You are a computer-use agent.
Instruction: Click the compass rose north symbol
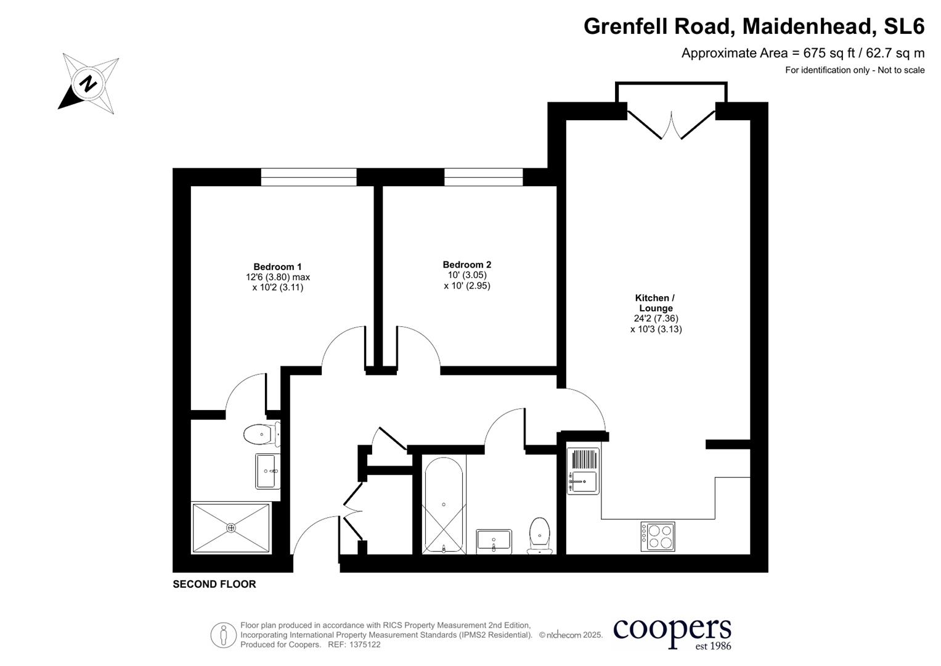[89, 84]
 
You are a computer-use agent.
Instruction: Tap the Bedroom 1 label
[277, 267]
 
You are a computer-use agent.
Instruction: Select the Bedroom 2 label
[466, 265]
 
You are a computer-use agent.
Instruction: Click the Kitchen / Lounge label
[655, 303]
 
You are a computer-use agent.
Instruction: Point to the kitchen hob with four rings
[658, 536]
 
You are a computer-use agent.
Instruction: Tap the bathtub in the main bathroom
[443, 505]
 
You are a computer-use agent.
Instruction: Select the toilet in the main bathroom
[540, 534]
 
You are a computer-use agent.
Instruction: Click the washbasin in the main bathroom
[494, 541]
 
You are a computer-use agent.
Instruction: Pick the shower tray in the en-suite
[231, 528]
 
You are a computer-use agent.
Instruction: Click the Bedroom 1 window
[309, 177]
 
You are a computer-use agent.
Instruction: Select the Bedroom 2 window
[483, 177]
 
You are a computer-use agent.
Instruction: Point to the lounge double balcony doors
[671, 123]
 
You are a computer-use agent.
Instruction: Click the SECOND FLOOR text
[214, 584]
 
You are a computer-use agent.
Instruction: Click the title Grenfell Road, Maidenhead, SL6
[754, 27]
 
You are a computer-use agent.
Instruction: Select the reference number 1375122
[365, 644]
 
